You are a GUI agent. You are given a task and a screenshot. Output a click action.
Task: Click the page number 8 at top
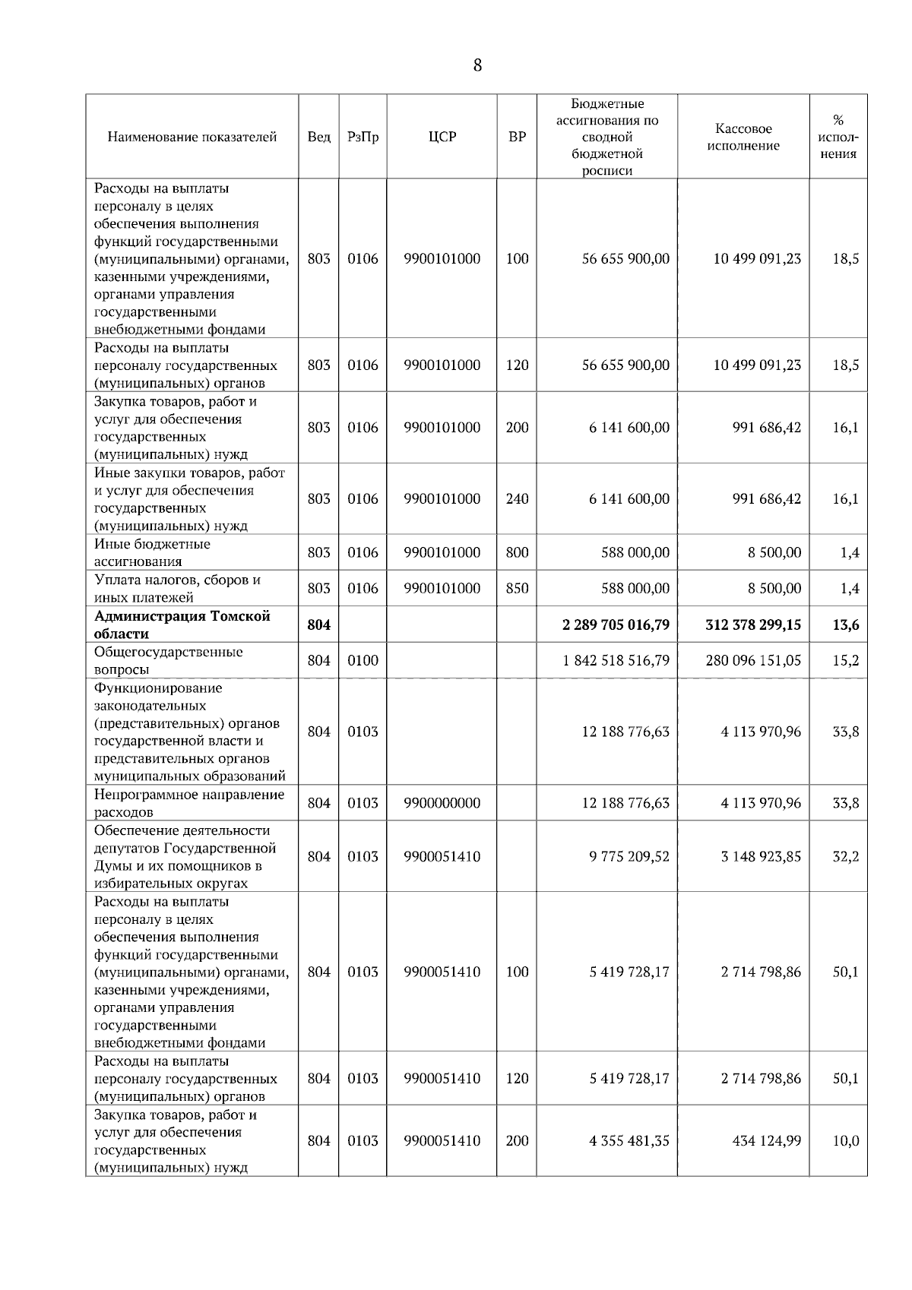point(477,65)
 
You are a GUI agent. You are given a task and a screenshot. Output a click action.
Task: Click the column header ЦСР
point(442,138)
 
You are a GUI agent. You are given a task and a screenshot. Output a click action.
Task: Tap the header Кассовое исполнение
point(743,138)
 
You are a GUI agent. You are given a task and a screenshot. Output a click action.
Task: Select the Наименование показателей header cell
point(192,138)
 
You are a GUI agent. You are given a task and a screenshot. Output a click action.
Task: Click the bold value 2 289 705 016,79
point(616,625)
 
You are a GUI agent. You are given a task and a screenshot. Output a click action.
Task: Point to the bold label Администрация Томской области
point(182,624)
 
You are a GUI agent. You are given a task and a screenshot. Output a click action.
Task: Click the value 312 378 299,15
point(752,625)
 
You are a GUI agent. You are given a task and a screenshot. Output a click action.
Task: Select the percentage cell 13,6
point(845,625)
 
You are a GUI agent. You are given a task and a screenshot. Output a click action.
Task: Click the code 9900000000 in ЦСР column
point(442,803)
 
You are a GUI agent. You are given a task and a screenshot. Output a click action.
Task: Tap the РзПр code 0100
point(363,661)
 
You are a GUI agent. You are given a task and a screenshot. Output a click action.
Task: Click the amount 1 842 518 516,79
point(616,661)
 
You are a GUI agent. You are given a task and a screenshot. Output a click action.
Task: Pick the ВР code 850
point(517,589)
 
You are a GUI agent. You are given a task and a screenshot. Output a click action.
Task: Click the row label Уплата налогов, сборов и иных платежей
point(178,589)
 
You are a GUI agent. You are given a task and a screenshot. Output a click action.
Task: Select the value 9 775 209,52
point(629,857)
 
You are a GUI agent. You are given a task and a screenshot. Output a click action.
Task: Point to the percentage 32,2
point(845,857)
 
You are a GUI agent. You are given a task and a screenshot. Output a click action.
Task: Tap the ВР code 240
point(517,499)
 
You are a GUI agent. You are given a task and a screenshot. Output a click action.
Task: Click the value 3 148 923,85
point(760,857)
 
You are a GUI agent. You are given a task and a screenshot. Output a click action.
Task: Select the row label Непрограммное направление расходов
point(188,803)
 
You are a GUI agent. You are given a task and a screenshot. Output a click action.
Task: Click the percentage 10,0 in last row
point(845,1141)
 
